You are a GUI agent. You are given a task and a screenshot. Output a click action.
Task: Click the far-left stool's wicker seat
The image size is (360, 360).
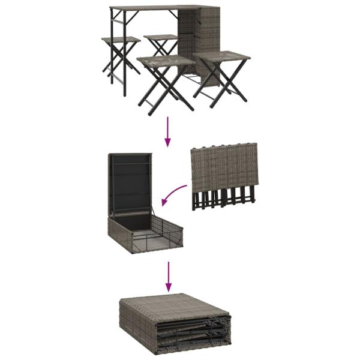(121, 40)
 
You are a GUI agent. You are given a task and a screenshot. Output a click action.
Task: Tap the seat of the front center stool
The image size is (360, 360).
(166, 61)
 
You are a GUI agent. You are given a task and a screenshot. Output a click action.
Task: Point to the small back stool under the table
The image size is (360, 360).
(161, 38)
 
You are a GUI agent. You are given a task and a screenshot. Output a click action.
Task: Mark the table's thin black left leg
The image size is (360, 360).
(112, 54)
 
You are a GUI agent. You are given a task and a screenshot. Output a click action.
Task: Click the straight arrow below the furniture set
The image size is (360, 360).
(167, 132)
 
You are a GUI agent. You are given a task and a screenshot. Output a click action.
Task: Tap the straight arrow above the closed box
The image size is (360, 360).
(169, 277)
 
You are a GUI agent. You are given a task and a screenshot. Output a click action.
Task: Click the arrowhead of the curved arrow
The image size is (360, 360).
(163, 203)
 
